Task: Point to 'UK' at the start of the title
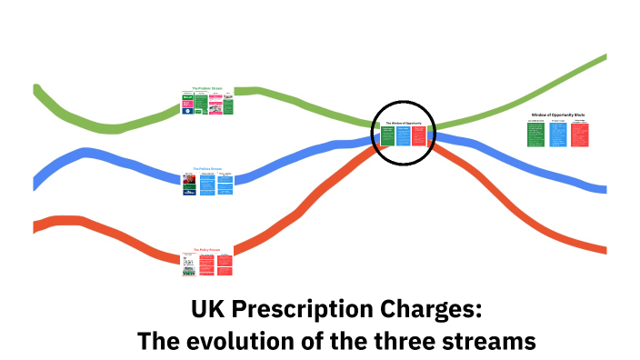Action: click(208, 310)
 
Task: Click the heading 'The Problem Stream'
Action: click(207, 88)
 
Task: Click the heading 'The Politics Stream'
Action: click(207, 169)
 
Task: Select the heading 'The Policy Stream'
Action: click(206, 249)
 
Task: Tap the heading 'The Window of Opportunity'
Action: click(404, 123)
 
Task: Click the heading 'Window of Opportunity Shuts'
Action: click(557, 115)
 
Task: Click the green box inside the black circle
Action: click(387, 135)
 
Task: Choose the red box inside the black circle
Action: click(419, 135)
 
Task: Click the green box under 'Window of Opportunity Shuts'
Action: click(535, 135)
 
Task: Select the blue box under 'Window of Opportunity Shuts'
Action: click(557, 135)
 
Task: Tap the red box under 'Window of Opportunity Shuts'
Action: click(579, 135)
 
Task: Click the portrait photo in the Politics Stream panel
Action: click(189, 184)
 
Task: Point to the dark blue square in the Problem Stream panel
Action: click(187, 95)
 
